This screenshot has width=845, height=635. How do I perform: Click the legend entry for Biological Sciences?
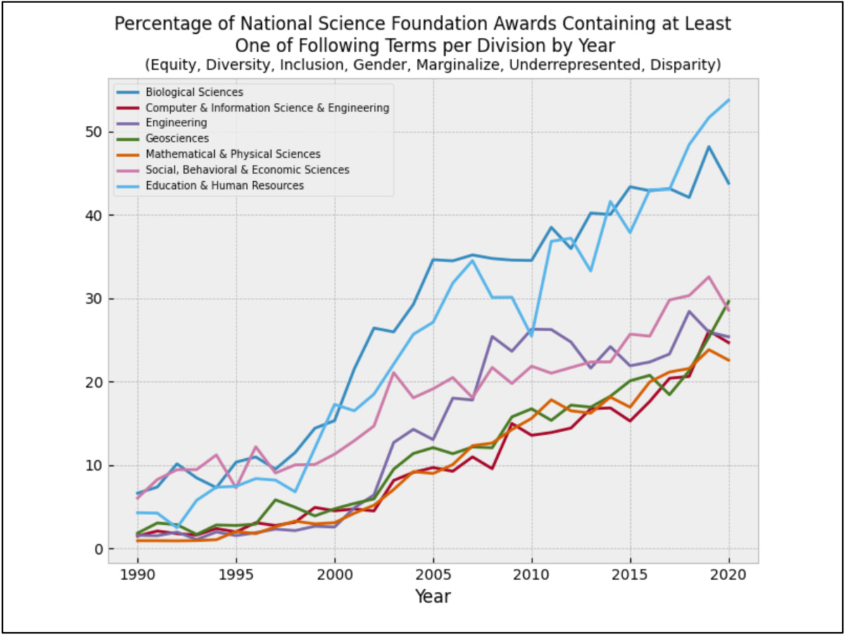pyautogui.click(x=194, y=92)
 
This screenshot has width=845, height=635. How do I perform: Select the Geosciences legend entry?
pyautogui.click(x=177, y=139)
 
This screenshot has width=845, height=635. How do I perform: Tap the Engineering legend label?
pyautogui.click(x=176, y=123)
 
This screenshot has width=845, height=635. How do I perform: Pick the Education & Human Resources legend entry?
pyautogui.click(x=225, y=185)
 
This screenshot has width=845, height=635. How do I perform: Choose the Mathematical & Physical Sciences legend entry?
pyautogui.click(x=233, y=154)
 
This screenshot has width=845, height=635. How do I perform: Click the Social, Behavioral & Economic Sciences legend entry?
pyautogui.click(x=247, y=170)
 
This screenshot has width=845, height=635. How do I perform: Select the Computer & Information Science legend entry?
pyautogui.click(x=267, y=108)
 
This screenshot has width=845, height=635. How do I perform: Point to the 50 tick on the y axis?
pyautogui.click(x=93, y=132)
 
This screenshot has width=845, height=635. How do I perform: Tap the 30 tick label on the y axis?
pyautogui.click(x=93, y=299)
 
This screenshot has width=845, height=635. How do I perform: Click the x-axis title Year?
pyautogui.click(x=432, y=597)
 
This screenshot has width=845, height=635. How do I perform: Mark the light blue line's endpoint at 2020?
pyautogui.click(x=729, y=100)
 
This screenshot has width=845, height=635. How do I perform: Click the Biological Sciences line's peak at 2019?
pyautogui.click(x=709, y=147)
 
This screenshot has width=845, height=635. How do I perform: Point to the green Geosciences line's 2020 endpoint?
pyautogui.click(x=729, y=301)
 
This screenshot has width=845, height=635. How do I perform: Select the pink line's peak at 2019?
pyautogui.click(x=709, y=276)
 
